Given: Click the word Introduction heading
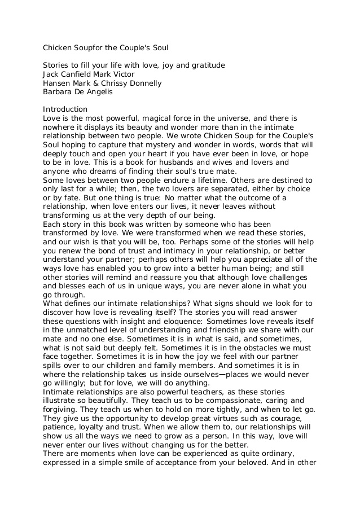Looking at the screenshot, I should pos(65,109).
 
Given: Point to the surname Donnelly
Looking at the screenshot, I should pos(145,83).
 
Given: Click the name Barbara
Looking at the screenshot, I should pos(59,91).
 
